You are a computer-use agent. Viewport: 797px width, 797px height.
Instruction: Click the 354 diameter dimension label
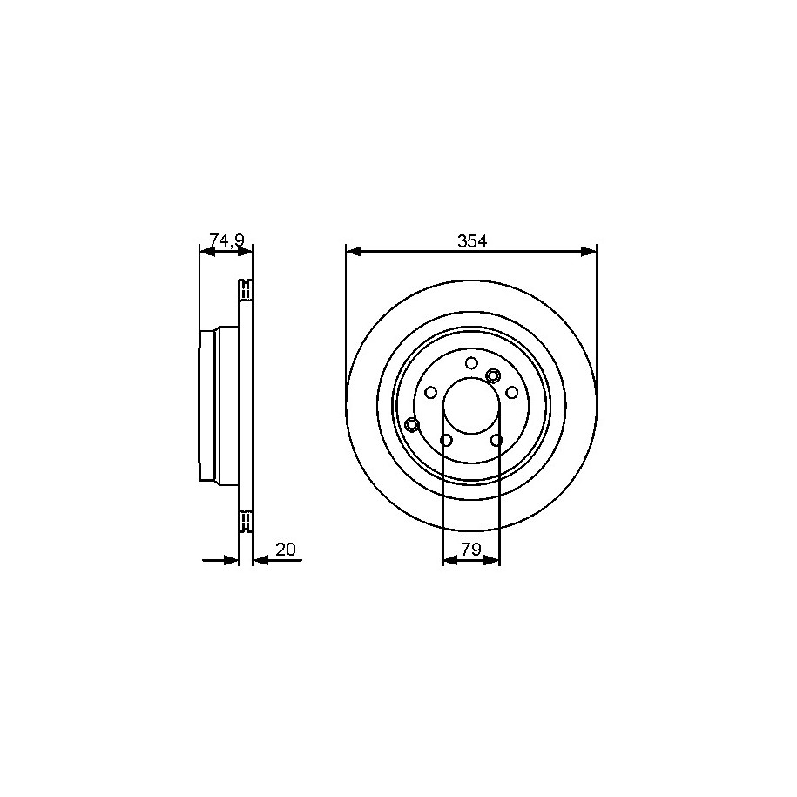point(472,241)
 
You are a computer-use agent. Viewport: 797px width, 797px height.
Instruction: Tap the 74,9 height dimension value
point(227,239)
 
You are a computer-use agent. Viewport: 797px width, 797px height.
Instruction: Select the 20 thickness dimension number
point(285,550)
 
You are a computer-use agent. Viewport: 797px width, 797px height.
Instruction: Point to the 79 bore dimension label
point(471,550)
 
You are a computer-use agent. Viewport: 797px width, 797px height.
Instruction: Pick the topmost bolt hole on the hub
point(472,363)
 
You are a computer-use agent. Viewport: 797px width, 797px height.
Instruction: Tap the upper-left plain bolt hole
point(431,392)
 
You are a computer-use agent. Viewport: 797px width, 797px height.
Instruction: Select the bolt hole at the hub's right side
point(512,392)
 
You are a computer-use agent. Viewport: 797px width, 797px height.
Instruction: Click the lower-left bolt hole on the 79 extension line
point(446,440)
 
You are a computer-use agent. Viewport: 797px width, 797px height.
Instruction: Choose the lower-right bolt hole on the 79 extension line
point(496,440)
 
